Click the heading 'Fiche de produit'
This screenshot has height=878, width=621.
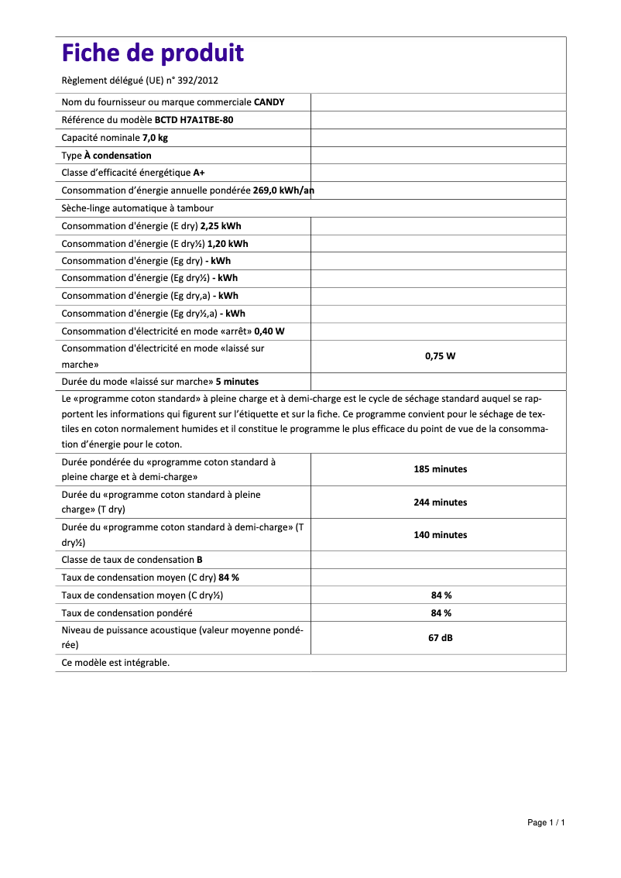click(x=153, y=53)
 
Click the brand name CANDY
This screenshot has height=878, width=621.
click(x=269, y=102)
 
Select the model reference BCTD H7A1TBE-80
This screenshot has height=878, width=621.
click(x=194, y=120)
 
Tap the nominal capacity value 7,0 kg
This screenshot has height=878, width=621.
click(x=155, y=138)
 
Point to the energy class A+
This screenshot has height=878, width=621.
click(x=199, y=173)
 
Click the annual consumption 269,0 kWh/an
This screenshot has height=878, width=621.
click(x=283, y=190)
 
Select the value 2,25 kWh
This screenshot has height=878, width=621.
click(x=221, y=226)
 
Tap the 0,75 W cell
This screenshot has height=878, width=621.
click(x=441, y=356)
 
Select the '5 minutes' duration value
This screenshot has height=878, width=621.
click(x=237, y=382)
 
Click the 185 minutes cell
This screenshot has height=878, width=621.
click(x=441, y=469)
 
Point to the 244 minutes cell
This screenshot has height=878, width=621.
click(x=441, y=502)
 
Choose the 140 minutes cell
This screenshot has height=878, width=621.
click(x=441, y=535)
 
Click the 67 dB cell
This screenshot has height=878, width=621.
click(x=441, y=638)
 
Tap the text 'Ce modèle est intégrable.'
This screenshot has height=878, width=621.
click(x=115, y=663)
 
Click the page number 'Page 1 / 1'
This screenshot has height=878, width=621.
click(x=546, y=822)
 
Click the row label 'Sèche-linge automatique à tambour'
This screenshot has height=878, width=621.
click(x=137, y=208)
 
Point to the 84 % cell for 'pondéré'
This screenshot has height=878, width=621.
click(x=441, y=612)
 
